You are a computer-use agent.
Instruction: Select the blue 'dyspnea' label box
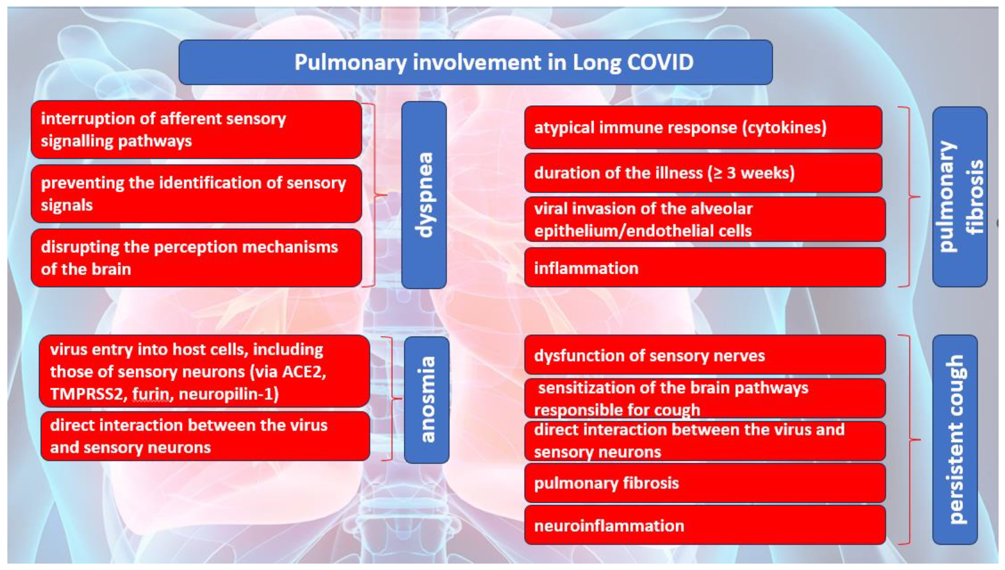[x=424, y=195]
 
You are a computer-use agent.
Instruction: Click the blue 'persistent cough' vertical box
[x=955, y=439]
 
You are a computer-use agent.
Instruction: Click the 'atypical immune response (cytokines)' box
[x=703, y=128]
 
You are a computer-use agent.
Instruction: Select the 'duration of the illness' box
[x=703, y=173]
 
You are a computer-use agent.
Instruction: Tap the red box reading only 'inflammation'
[x=705, y=268]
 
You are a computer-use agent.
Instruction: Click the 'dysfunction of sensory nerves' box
[x=705, y=355]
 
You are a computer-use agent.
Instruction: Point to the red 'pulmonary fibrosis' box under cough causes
[x=705, y=483]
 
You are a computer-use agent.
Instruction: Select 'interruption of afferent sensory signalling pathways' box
[x=196, y=129]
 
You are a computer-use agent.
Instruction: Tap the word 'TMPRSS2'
[x=87, y=394]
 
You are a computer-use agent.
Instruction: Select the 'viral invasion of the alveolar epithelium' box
[x=705, y=219]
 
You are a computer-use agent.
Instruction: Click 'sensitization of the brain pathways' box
[x=705, y=398]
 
